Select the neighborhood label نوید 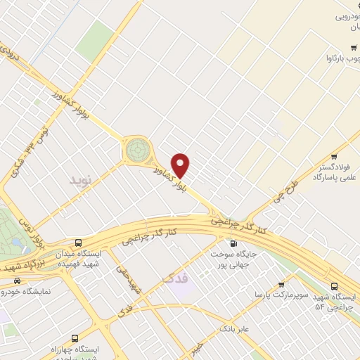[x=80, y=181]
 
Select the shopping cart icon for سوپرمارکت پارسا [x=281, y=285]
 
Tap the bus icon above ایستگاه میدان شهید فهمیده [x=79, y=243]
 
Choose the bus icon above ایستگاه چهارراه [x=76, y=338]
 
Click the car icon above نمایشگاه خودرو [x=15, y=281]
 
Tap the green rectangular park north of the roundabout [x=95, y=40]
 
